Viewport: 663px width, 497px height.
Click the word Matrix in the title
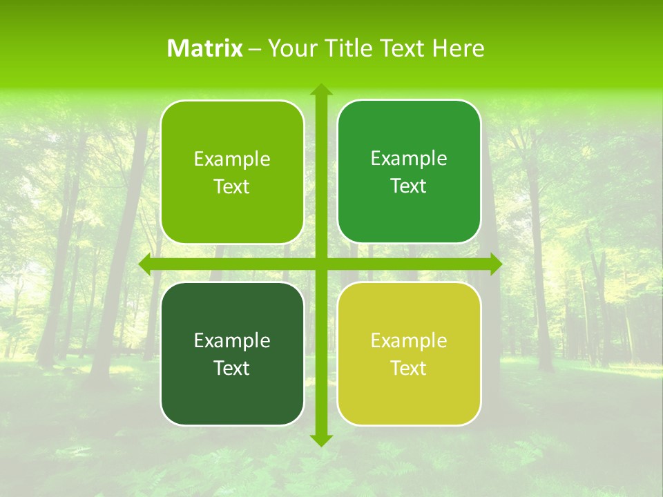[205, 48]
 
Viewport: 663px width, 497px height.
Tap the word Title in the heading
[347, 48]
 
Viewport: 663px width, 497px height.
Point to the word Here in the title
[459, 48]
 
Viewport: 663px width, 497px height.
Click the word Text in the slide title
[401, 48]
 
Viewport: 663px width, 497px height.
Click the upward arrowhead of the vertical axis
[320, 90]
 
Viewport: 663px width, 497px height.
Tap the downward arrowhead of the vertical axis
[320, 440]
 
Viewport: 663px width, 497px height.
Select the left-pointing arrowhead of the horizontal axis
[145, 264]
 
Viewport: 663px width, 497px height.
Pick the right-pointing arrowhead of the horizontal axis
[495, 264]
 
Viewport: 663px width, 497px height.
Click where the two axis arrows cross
[320, 264]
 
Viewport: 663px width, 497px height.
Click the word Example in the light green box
[232, 159]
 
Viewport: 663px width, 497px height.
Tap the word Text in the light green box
[231, 187]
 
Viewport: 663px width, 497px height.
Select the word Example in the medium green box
[409, 159]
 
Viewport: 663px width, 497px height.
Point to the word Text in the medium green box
[408, 186]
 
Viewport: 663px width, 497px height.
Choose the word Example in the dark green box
[232, 341]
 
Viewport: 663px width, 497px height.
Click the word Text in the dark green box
[231, 369]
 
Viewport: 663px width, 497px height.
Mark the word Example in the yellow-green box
[409, 341]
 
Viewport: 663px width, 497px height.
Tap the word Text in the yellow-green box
[408, 369]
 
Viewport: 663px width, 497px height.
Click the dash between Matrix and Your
[255, 49]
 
